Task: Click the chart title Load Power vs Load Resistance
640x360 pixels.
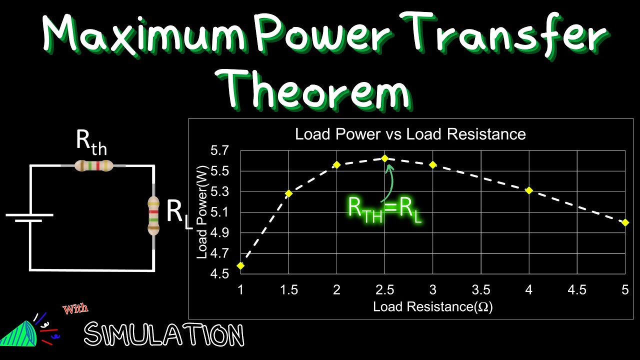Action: tap(410, 134)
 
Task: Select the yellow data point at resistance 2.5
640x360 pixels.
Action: tap(384, 158)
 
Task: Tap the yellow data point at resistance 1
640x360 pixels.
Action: tap(240, 265)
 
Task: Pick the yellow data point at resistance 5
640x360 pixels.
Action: tap(625, 222)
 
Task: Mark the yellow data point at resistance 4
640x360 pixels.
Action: tap(529, 190)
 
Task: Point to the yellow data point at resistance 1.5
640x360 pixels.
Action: tap(288, 192)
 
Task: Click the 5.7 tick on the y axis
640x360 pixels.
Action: tap(220, 150)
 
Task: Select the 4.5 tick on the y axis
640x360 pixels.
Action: tap(220, 274)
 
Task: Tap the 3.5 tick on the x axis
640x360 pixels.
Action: tap(481, 289)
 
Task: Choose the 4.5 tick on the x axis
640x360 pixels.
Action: tap(577, 289)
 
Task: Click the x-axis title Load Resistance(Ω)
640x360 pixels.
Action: tap(433, 306)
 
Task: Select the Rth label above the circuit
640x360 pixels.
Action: tap(91, 141)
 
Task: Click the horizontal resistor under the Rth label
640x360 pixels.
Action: tap(93, 165)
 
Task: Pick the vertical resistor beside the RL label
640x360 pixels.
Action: tap(153, 215)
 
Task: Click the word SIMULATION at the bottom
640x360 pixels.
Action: tap(164, 334)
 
